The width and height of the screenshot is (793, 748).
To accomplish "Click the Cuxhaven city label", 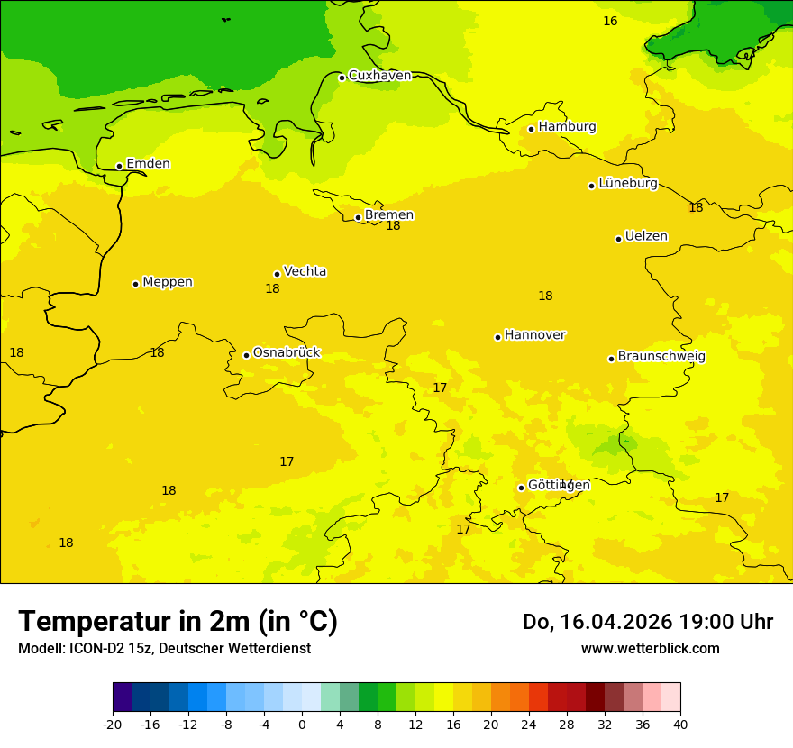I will point(379,76).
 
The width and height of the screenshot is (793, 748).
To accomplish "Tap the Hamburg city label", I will point(567,127).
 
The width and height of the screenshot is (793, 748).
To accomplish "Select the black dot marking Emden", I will point(119,166).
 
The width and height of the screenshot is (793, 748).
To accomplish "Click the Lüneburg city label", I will point(627,184).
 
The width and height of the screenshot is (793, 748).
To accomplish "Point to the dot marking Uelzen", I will point(618,239).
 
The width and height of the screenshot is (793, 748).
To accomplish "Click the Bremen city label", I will point(388,215).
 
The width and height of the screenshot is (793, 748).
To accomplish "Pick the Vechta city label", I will point(305,271).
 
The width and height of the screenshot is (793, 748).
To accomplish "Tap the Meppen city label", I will point(167,282).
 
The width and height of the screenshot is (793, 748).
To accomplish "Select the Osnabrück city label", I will point(286,353).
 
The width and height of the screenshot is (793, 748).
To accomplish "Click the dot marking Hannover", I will point(497,337).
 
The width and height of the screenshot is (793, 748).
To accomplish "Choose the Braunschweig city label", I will point(661,357).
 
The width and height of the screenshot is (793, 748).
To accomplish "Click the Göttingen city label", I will point(558,486).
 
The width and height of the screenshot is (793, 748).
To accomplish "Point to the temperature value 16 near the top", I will point(610,21).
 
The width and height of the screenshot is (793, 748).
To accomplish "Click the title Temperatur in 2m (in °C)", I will point(178,621).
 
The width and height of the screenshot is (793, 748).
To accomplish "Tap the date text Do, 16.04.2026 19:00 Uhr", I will point(647,622).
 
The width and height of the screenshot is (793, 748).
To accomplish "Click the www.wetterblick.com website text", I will point(650,649).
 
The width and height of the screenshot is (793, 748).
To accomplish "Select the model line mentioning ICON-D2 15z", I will point(164,649).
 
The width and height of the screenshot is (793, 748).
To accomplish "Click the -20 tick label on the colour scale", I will point(113,724).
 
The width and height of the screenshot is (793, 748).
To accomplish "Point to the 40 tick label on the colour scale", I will point(680,724).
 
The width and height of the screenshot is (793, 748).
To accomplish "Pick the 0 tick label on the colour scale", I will point(302,724).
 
